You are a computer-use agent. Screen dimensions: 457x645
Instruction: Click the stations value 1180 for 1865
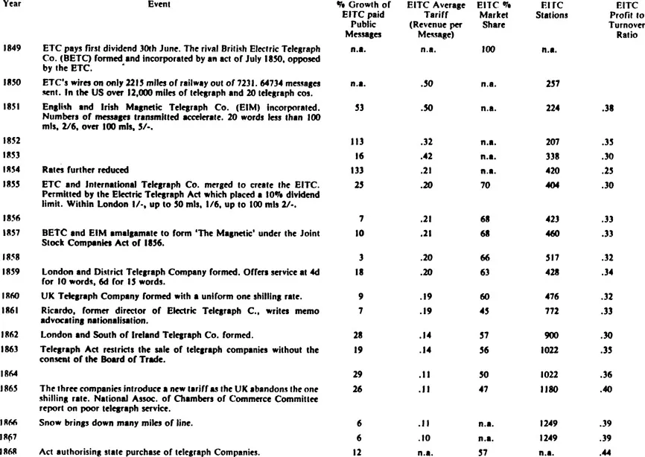(552, 388)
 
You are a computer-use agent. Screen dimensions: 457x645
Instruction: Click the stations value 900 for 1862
(552, 335)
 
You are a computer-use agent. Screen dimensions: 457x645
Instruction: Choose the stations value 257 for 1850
(552, 84)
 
